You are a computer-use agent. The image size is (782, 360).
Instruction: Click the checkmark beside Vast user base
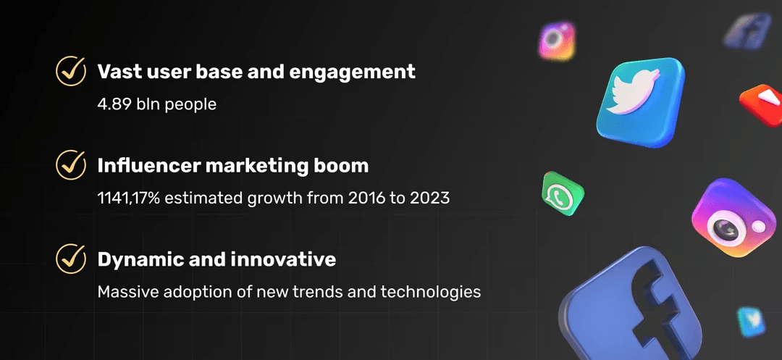click(70, 71)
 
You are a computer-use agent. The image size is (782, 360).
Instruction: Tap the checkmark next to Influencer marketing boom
click(70, 164)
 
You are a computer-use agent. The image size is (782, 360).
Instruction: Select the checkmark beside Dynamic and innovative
click(70, 258)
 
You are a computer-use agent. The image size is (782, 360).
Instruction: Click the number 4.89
click(114, 104)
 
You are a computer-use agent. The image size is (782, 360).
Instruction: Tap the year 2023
click(429, 198)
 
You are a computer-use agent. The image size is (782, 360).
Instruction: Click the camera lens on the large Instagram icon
click(727, 229)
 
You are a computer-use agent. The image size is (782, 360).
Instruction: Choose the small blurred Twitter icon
click(750, 322)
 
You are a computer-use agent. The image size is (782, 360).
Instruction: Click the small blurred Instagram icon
click(557, 41)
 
